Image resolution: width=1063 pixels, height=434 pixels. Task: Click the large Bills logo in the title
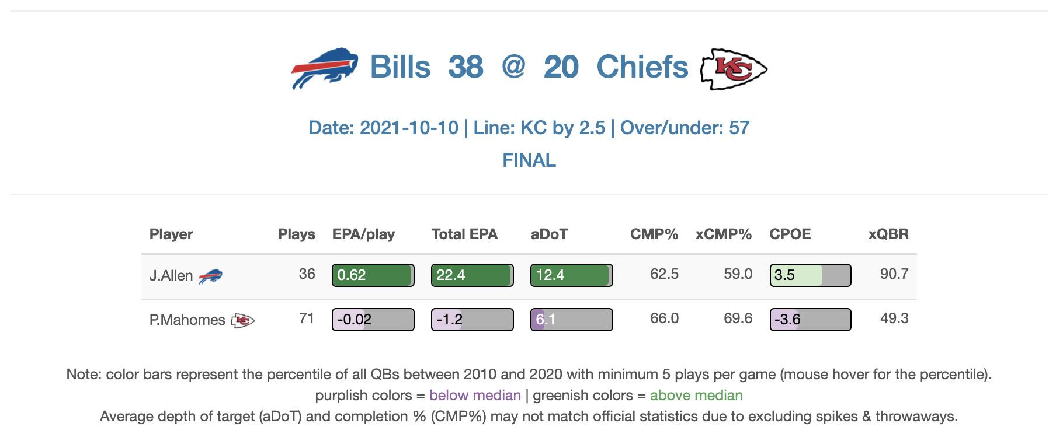pyautogui.click(x=324, y=68)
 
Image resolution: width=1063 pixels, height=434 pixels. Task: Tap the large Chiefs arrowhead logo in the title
pyautogui.click(x=734, y=69)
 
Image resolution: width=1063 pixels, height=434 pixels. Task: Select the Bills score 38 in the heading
pyautogui.click(x=466, y=67)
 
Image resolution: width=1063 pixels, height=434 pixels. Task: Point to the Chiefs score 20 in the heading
pyautogui.click(x=561, y=67)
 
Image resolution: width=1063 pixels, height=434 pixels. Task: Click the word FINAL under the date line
pyautogui.click(x=529, y=160)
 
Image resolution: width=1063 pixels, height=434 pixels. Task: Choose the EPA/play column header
pyautogui.click(x=363, y=235)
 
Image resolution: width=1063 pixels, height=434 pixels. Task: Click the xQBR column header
pyautogui.click(x=888, y=235)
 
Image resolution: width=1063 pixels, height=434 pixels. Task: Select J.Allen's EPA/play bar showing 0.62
pyautogui.click(x=373, y=275)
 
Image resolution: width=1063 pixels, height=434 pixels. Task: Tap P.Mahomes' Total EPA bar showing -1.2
pyautogui.click(x=472, y=320)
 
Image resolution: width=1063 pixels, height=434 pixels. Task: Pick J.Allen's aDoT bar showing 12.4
pyautogui.click(x=571, y=275)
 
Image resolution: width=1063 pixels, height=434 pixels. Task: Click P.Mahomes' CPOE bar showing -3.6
pyautogui.click(x=810, y=320)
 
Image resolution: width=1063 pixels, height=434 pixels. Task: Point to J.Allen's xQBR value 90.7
pyautogui.click(x=894, y=274)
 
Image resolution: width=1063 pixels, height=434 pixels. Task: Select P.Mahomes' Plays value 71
pyautogui.click(x=307, y=318)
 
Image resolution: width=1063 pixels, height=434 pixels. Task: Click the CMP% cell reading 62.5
pyautogui.click(x=664, y=274)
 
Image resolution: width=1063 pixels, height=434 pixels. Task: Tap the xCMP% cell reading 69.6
pyautogui.click(x=738, y=318)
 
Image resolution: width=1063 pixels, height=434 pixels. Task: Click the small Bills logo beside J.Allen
pyautogui.click(x=210, y=276)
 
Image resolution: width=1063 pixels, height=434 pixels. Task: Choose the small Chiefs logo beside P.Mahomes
pyautogui.click(x=242, y=320)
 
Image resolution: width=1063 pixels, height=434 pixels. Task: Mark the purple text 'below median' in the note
pyautogui.click(x=475, y=395)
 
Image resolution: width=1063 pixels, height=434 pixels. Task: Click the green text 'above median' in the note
pyautogui.click(x=696, y=395)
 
